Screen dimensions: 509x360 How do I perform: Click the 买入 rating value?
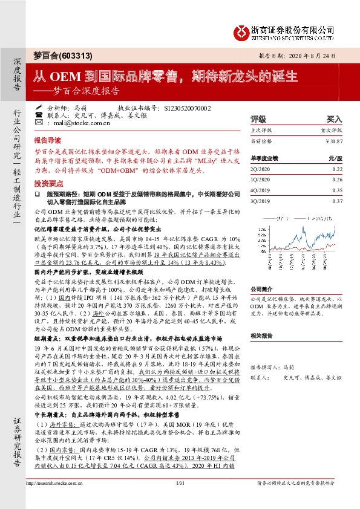(335, 119)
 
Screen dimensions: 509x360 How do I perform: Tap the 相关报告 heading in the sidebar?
(262, 334)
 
